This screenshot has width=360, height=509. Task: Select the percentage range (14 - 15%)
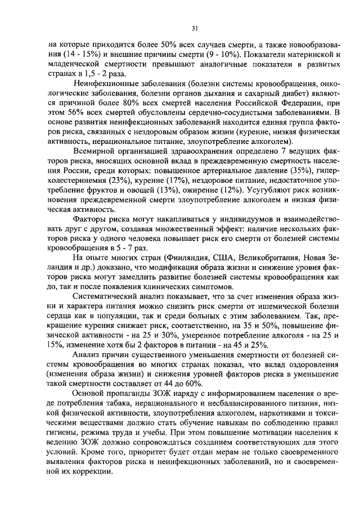(78, 55)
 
